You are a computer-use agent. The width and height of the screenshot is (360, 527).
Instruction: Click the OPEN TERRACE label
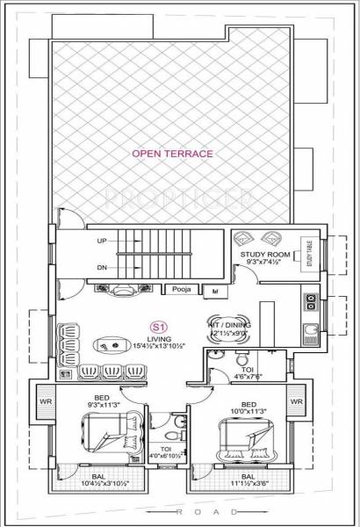coord(172,153)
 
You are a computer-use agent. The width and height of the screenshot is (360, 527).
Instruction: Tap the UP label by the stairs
coord(101,240)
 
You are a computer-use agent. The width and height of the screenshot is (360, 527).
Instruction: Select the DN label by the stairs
coord(101,266)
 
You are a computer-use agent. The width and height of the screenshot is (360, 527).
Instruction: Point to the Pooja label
coord(181,288)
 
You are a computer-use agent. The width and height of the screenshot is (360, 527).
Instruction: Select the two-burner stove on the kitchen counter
coord(310,302)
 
